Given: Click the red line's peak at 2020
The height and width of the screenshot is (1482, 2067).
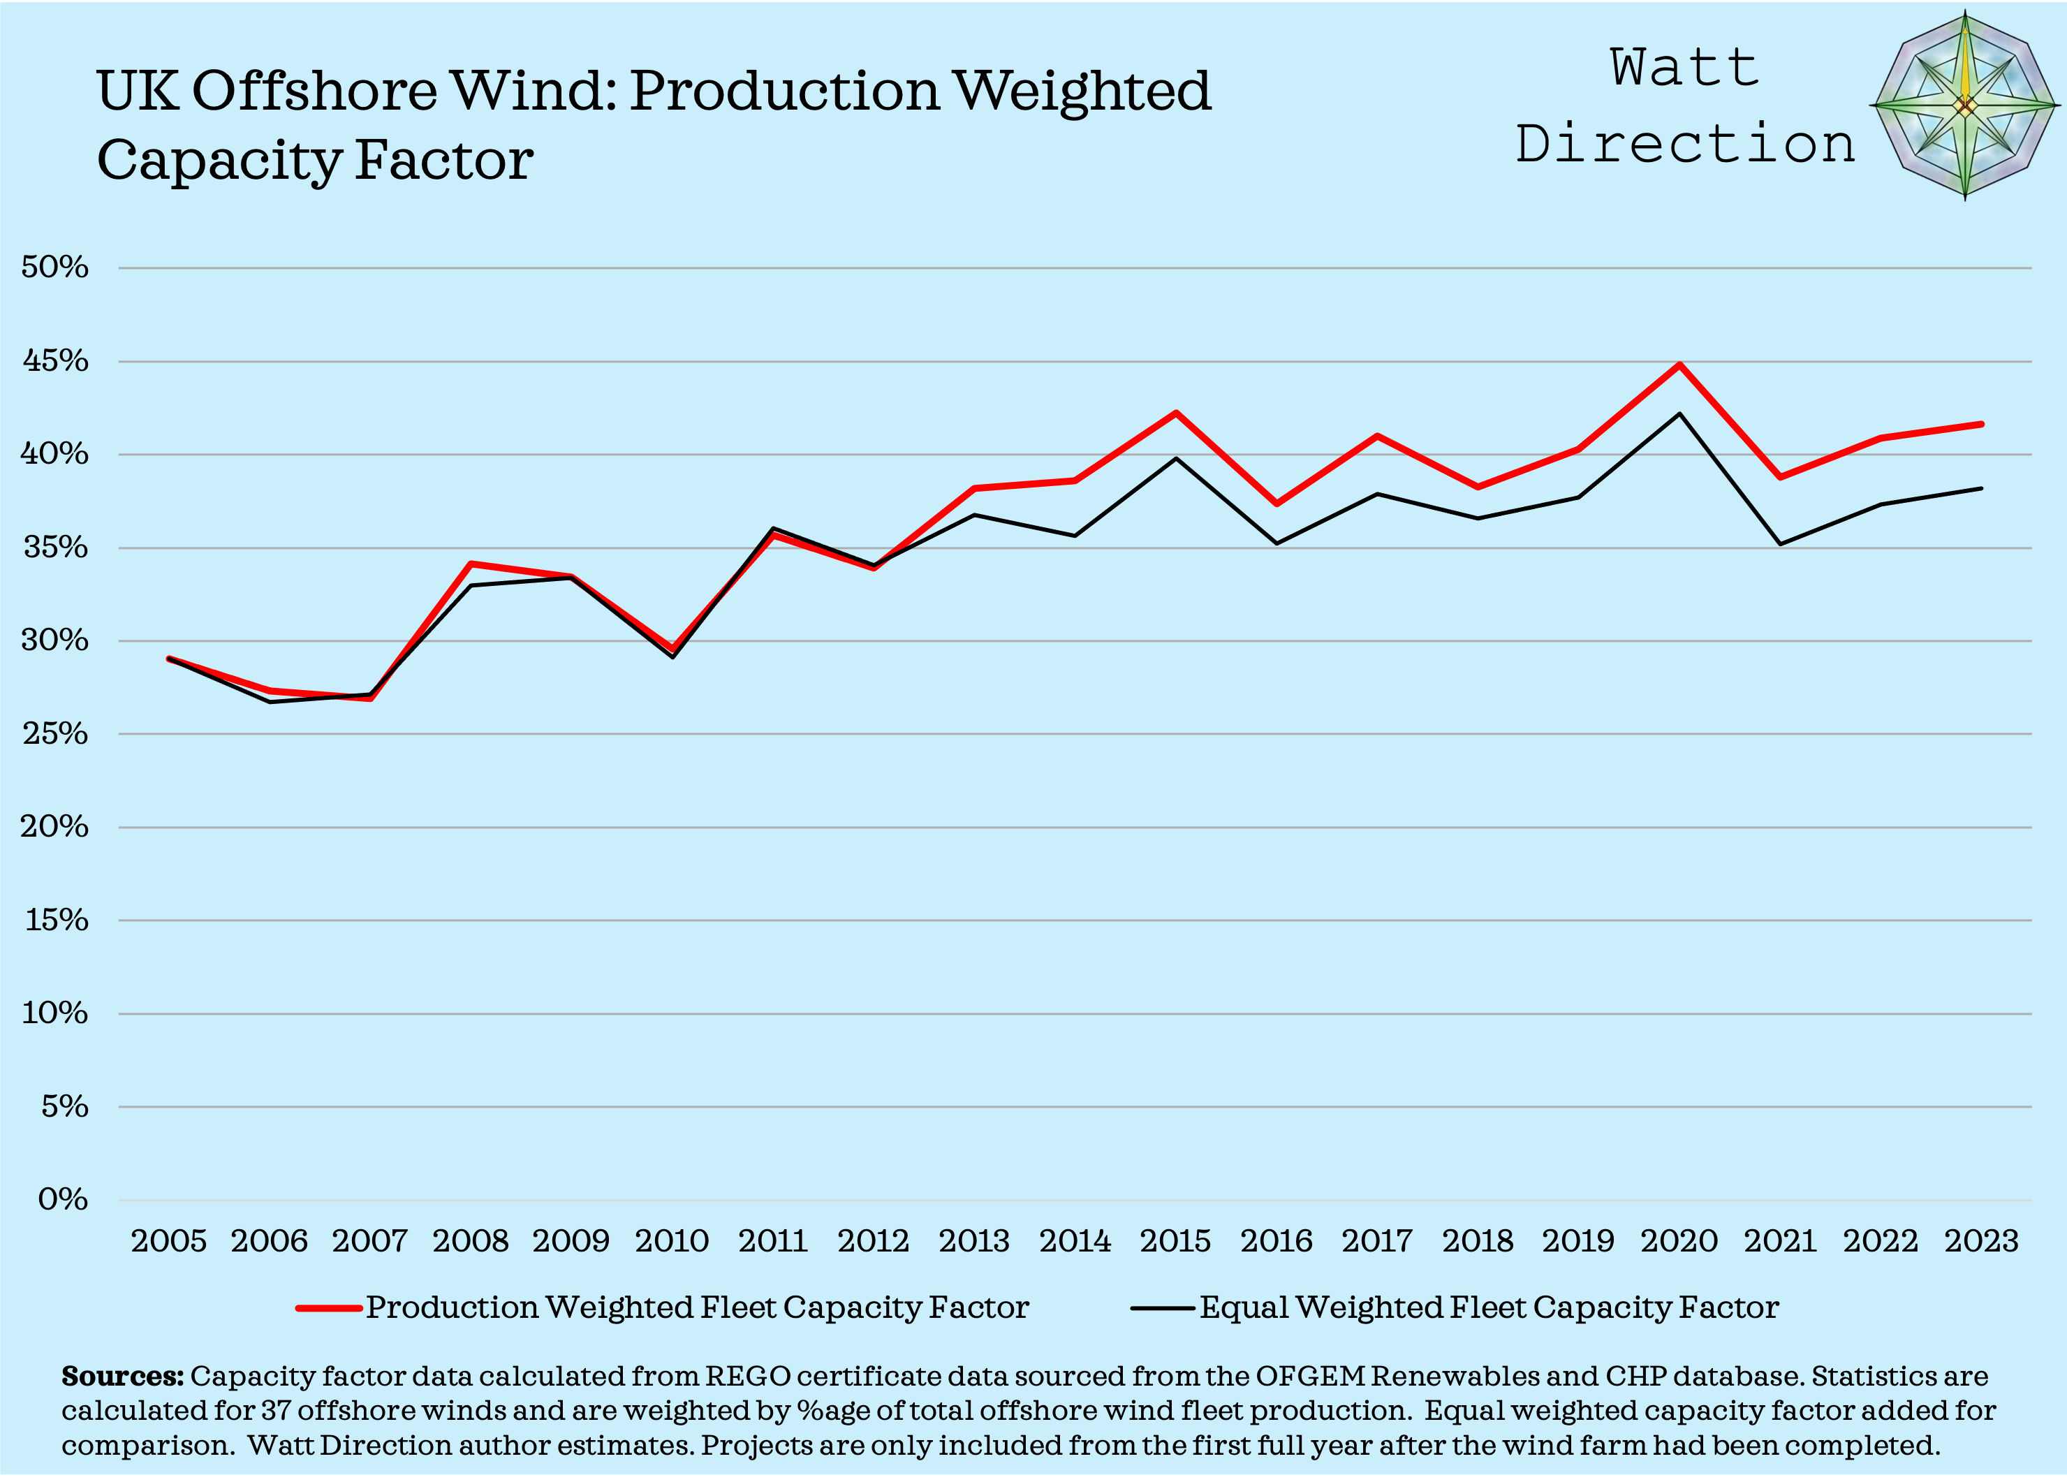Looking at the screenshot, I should (1679, 365).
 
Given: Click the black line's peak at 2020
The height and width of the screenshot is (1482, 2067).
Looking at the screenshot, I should (1679, 413).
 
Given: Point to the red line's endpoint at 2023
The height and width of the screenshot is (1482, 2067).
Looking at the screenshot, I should (1980, 424).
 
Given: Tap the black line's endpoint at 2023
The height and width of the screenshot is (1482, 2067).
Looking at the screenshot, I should (1980, 489).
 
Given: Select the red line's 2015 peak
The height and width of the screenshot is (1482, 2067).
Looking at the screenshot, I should (1176, 413).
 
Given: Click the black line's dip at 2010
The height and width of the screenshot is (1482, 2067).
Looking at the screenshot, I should (672, 656).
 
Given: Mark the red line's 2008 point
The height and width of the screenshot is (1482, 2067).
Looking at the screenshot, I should (470, 564).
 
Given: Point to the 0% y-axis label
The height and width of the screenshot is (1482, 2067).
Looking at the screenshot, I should (63, 1198).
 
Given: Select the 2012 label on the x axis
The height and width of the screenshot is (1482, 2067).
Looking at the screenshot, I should (873, 1240).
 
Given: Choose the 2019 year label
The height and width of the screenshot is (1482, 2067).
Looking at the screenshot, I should (1577, 1240).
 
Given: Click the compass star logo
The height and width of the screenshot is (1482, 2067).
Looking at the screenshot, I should (1965, 107).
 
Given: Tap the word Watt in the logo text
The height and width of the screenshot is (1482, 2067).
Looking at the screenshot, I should (1684, 68).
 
